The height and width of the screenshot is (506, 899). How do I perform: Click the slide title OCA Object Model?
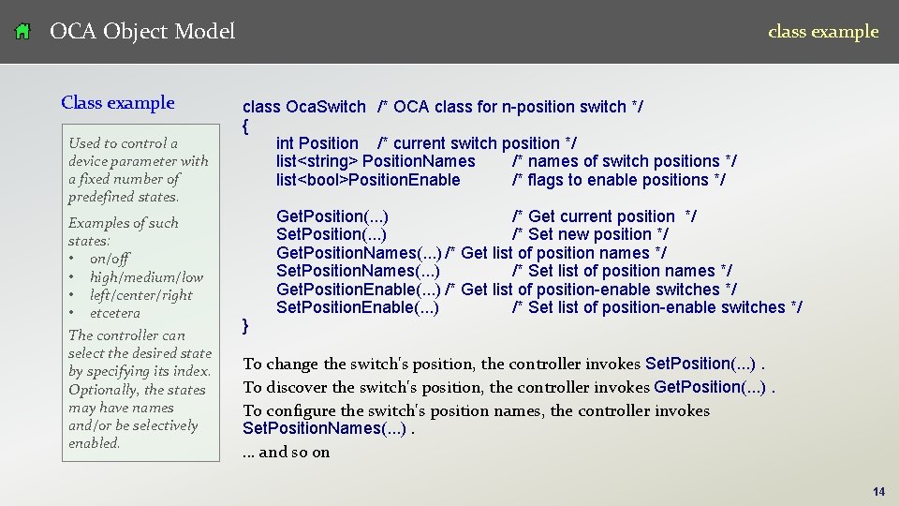coord(141,32)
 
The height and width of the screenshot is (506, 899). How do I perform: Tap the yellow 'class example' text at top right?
coord(823,32)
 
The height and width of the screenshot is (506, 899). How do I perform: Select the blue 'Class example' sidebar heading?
coord(118,103)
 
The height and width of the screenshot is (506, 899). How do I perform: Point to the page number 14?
coord(878,491)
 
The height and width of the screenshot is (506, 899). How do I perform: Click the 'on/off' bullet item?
coord(110,259)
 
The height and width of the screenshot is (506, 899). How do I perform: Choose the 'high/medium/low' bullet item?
coord(146,276)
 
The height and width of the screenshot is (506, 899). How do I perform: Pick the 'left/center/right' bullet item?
coord(140,295)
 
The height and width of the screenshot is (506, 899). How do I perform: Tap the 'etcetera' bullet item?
coord(115,313)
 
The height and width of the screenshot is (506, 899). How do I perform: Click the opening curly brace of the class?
coord(245,125)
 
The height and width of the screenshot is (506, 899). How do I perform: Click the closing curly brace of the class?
coord(245,325)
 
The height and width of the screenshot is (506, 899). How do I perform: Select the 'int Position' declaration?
coord(317,143)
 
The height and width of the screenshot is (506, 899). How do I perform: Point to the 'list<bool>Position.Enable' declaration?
coord(368,180)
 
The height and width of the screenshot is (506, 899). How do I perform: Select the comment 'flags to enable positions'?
coord(619,180)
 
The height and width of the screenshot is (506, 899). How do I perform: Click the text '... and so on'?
coord(287,453)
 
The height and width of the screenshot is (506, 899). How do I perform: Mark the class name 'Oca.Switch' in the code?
coord(325,107)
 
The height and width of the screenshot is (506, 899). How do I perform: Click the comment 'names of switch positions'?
coord(624,161)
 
